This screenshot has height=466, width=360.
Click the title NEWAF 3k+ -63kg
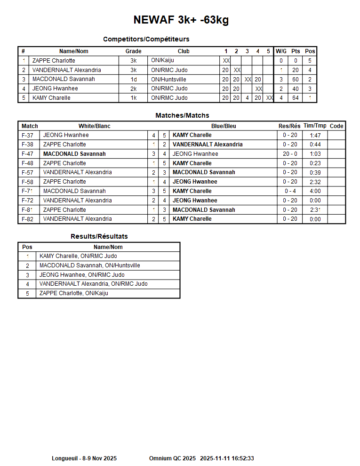[181, 20]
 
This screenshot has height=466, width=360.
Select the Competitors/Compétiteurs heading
[146, 39]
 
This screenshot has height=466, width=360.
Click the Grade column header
[133, 51]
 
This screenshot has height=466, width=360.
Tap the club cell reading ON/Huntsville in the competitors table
[168, 79]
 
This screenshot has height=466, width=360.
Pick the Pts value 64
[296, 98]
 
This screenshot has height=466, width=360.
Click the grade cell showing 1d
[133, 79]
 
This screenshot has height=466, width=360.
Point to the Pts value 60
[296, 79]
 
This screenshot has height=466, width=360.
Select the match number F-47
[28, 154]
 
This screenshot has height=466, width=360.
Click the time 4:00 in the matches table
[315, 191]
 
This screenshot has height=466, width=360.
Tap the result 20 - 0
[290, 154]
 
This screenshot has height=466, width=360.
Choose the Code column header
[336, 126]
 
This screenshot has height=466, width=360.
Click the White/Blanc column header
[94, 126]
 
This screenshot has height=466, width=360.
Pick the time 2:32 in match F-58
[315, 182]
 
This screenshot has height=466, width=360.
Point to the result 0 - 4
[290, 191]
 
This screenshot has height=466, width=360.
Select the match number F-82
[28, 219]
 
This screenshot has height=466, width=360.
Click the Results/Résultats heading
[99, 236]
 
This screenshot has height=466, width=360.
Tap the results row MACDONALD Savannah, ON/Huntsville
[89, 265]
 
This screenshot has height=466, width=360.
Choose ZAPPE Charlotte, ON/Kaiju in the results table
[73, 293]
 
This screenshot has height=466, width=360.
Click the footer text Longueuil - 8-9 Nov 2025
[84, 458]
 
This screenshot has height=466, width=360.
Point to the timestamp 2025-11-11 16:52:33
[227, 458]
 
